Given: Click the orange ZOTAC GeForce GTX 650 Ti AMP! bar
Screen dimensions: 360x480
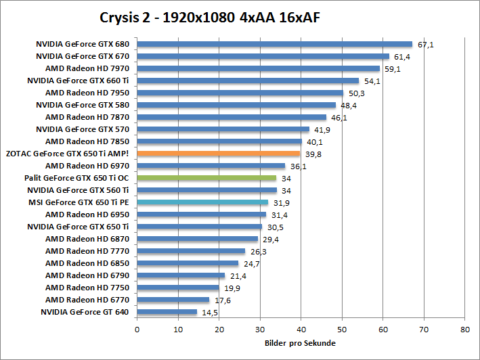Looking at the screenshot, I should click(218, 154).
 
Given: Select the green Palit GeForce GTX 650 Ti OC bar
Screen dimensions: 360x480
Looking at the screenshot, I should click(206, 178).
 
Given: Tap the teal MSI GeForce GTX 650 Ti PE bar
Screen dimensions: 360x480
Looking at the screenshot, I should click(202, 202).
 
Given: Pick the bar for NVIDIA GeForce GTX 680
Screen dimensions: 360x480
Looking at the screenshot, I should click(274, 44).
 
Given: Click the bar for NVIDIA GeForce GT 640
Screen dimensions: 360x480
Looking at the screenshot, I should click(167, 312).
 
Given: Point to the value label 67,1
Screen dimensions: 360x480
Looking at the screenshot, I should click(426, 45).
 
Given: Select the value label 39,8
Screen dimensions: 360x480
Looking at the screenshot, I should click(313, 154).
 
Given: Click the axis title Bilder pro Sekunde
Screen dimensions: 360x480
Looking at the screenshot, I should click(300, 343).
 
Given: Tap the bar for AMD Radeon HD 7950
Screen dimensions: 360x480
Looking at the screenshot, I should click(240, 93).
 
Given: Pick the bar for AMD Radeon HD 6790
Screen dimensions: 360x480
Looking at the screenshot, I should click(181, 275).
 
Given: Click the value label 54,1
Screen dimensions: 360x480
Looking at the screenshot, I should click(372, 81).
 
